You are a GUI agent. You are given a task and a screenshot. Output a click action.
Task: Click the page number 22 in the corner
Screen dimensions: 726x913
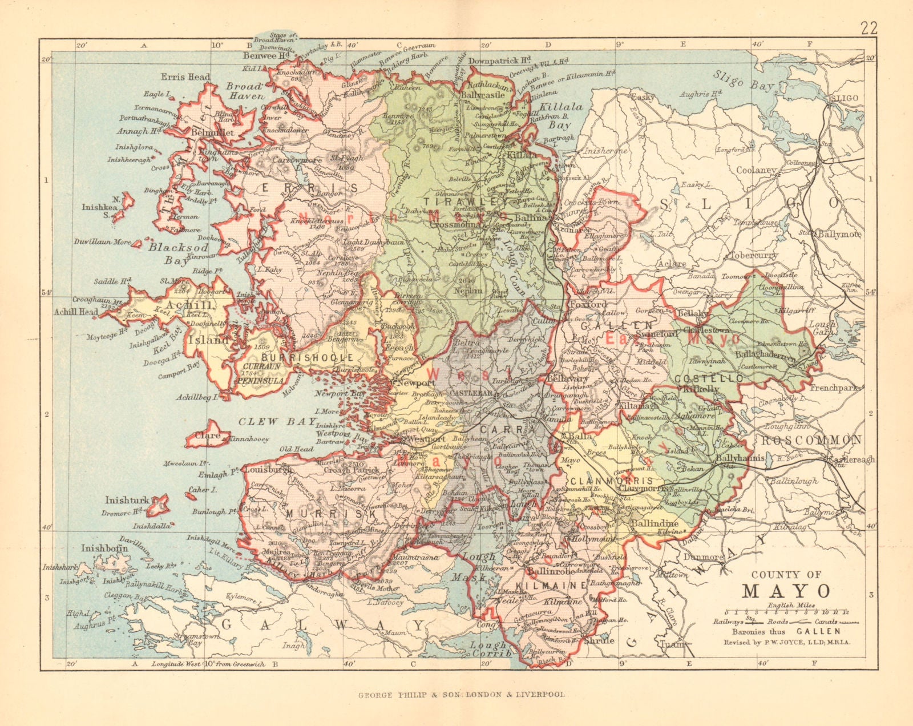[x=868, y=29]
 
